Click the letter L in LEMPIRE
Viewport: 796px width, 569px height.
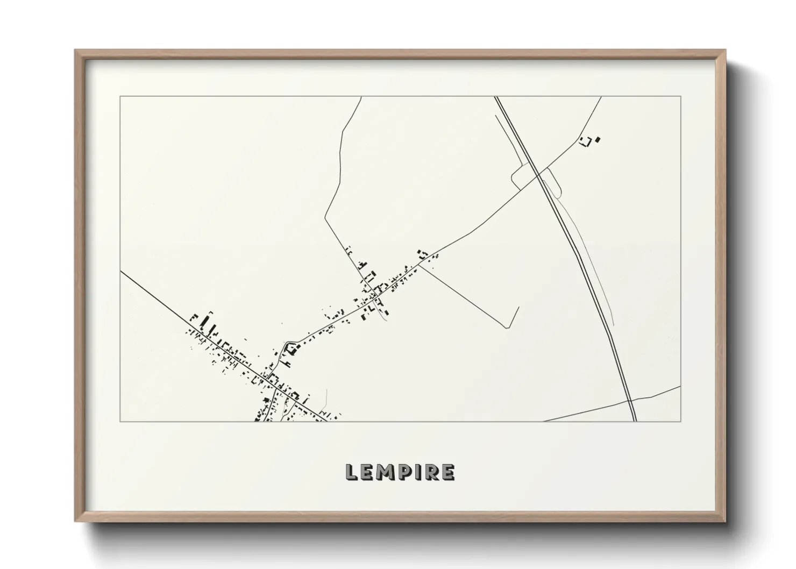click(x=352, y=472)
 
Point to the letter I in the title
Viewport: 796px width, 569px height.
click(x=420, y=472)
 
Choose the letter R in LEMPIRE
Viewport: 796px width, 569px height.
click(x=433, y=472)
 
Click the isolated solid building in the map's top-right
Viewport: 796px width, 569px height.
click(x=598, y=140)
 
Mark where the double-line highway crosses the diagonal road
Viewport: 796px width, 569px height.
click(x=538, y=174)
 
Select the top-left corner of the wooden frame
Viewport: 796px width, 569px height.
click(x=75, y=50)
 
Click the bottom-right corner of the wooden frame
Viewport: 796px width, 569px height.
click(x=725, y=522)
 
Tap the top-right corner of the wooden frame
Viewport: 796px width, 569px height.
click(x=725, y=50)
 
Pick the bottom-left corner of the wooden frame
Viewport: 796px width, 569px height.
click(x=75, y=522)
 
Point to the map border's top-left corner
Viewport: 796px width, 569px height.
click(x=120, y=96)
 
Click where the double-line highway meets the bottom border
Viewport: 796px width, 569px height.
click(x=635, y=422)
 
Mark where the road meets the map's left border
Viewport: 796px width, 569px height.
click(x=120, y=271)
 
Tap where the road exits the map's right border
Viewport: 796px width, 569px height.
click(x=680, y=386)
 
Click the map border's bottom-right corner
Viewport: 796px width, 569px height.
click(x=680, y=422)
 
